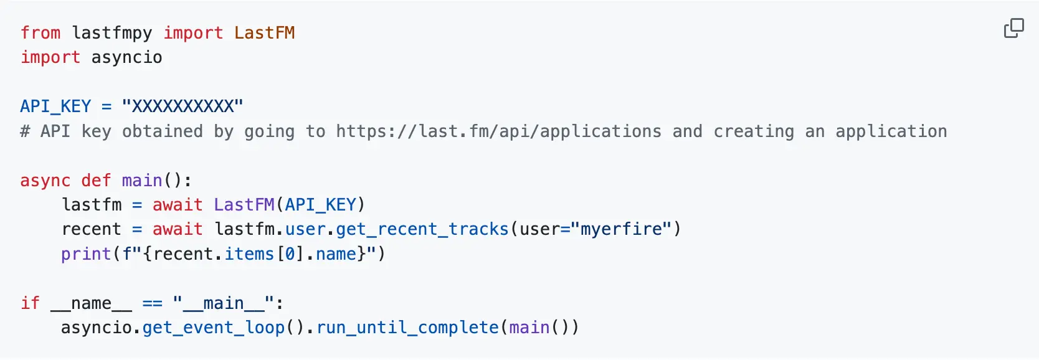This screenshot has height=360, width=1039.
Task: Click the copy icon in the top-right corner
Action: (1014, 28)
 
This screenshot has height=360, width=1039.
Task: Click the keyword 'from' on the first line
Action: (40, 33)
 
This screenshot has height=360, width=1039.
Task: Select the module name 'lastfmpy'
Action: (112, 34)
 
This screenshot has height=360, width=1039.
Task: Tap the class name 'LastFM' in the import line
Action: (264, 33)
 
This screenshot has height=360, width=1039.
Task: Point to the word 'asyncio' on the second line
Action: (126, 57)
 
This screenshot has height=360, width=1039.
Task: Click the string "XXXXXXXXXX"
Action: (183, 107)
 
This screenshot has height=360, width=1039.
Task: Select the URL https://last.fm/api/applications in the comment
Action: (498, 132)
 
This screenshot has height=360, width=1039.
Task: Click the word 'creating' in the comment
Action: (754, 132)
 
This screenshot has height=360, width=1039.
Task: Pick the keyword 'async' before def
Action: (45, 181)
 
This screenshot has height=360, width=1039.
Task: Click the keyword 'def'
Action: (96, 180)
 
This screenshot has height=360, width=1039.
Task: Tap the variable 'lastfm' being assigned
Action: (92, 204)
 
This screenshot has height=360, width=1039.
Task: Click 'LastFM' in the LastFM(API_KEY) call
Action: (244, 204)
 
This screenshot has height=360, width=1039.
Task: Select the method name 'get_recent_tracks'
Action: (422, 230)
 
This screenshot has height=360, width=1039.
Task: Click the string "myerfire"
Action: (621, 229)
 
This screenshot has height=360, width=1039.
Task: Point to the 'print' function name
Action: (87, 254)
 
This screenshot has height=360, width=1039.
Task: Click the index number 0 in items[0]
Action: (290, 254)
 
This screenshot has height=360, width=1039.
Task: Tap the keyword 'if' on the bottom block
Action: (30, 303)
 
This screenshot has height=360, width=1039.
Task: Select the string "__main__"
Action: (224, 303)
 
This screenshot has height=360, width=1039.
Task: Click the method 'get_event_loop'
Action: (214, 328)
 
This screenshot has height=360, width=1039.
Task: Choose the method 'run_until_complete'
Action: (407, 328)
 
